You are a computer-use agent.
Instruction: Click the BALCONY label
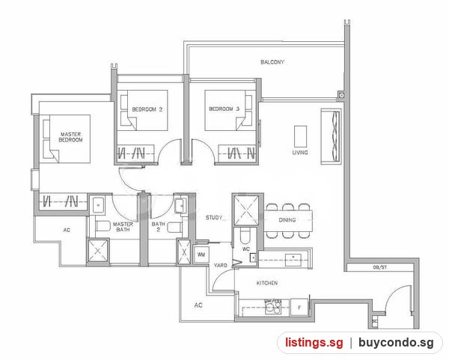pyautogui.click(x=272, y=62)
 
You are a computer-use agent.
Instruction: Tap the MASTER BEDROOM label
pyautogui.click(x=71, y=137)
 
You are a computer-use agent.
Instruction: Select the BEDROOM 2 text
pyautogui.click(x=147, y=109)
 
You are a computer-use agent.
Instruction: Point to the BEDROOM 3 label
pyautogui.click(x=224, y=109)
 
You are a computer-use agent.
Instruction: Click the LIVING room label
pyautogui.click(x=300, y=153)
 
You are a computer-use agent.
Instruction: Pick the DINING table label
pyautogui.click(x=287, y=220)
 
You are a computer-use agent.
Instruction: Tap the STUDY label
pyautogui.click(x=213, y=218)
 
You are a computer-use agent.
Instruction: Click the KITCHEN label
pyautogui.click(x=267, y=283)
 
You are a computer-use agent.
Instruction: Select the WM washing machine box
pyautogui.click(x=201, y=254)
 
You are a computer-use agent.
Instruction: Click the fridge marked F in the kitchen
pyautogui.click(x=299, y=308)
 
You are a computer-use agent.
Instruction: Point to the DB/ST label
pyautogui.click(x=379, y=267)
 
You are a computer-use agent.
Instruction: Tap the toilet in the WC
pyautogui.click(x=245, y=236)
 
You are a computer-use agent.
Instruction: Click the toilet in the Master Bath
pyautogui.click(x=103, y=226)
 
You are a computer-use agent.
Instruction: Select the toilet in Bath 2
pyautogui.click(x=174, y=228)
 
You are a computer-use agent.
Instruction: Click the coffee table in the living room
pyautogui.click(x=300, y=136)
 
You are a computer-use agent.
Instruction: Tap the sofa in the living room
pyautogui.click(x=331, y=136)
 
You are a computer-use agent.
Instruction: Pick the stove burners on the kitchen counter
pyautogui.click(x=273, y=308)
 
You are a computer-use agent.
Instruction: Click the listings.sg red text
pyautogui.click(x=314, y=343)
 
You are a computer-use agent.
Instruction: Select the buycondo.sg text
pyautogui.click(x=396, y=343)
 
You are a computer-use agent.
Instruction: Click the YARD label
pyautogui.click(x=221, y=266)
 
